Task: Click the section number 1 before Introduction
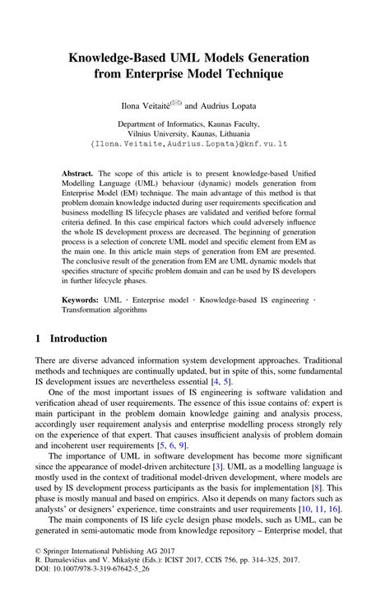tap(39, 338)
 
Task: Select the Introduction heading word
tap(78, 338)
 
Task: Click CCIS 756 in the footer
tap(246, 565)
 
